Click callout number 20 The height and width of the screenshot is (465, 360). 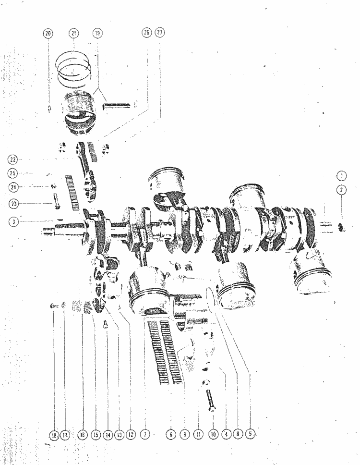click(x=48, y=33)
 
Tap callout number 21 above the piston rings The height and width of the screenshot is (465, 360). click(x=73, y=33)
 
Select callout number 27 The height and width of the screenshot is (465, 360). click(x=160, y=32)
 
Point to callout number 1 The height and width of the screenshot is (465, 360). click(x=342, y=176)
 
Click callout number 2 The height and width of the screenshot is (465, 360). click(x=341, y=190)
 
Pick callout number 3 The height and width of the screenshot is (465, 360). click(x=13, y=221)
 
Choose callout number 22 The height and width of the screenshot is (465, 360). click(x=13, y=159)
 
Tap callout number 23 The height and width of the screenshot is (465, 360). click(x=13, y=204)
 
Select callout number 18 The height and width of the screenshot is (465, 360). click(x=54, y=435)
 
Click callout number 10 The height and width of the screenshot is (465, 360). click(x=213, y=434)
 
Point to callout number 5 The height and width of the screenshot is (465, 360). click(x=250, y=434)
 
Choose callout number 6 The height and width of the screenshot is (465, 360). click(x=171, y=435)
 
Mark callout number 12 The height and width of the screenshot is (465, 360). click(x=131, y=435)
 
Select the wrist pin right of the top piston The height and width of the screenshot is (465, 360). click(x=116, y=105)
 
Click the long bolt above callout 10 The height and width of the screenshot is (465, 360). click(x=211, y=400)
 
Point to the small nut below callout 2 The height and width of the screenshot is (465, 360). click(x=342, y=228)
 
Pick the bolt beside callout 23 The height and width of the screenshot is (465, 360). click(x=55, y=201)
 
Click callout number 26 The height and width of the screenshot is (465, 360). click(x=147, y=32)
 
